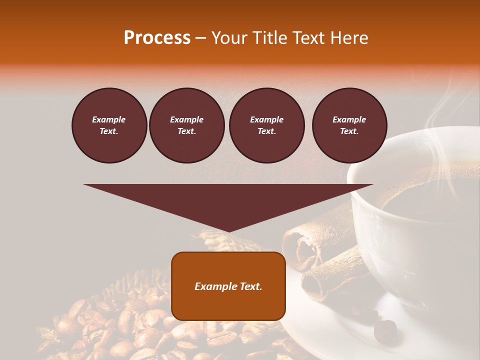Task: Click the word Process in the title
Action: tap(157, 38)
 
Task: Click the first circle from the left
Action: tap(109, 125)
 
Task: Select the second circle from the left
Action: tap(186, 125)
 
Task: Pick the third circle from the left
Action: tap(266, 125)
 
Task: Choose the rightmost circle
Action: tap(349, 125)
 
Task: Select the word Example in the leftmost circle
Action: tap(109, 119)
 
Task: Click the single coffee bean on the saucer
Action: tap(385, 328)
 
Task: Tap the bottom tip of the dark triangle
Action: tap(228, 230)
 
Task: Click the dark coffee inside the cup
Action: tap(430, 200)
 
